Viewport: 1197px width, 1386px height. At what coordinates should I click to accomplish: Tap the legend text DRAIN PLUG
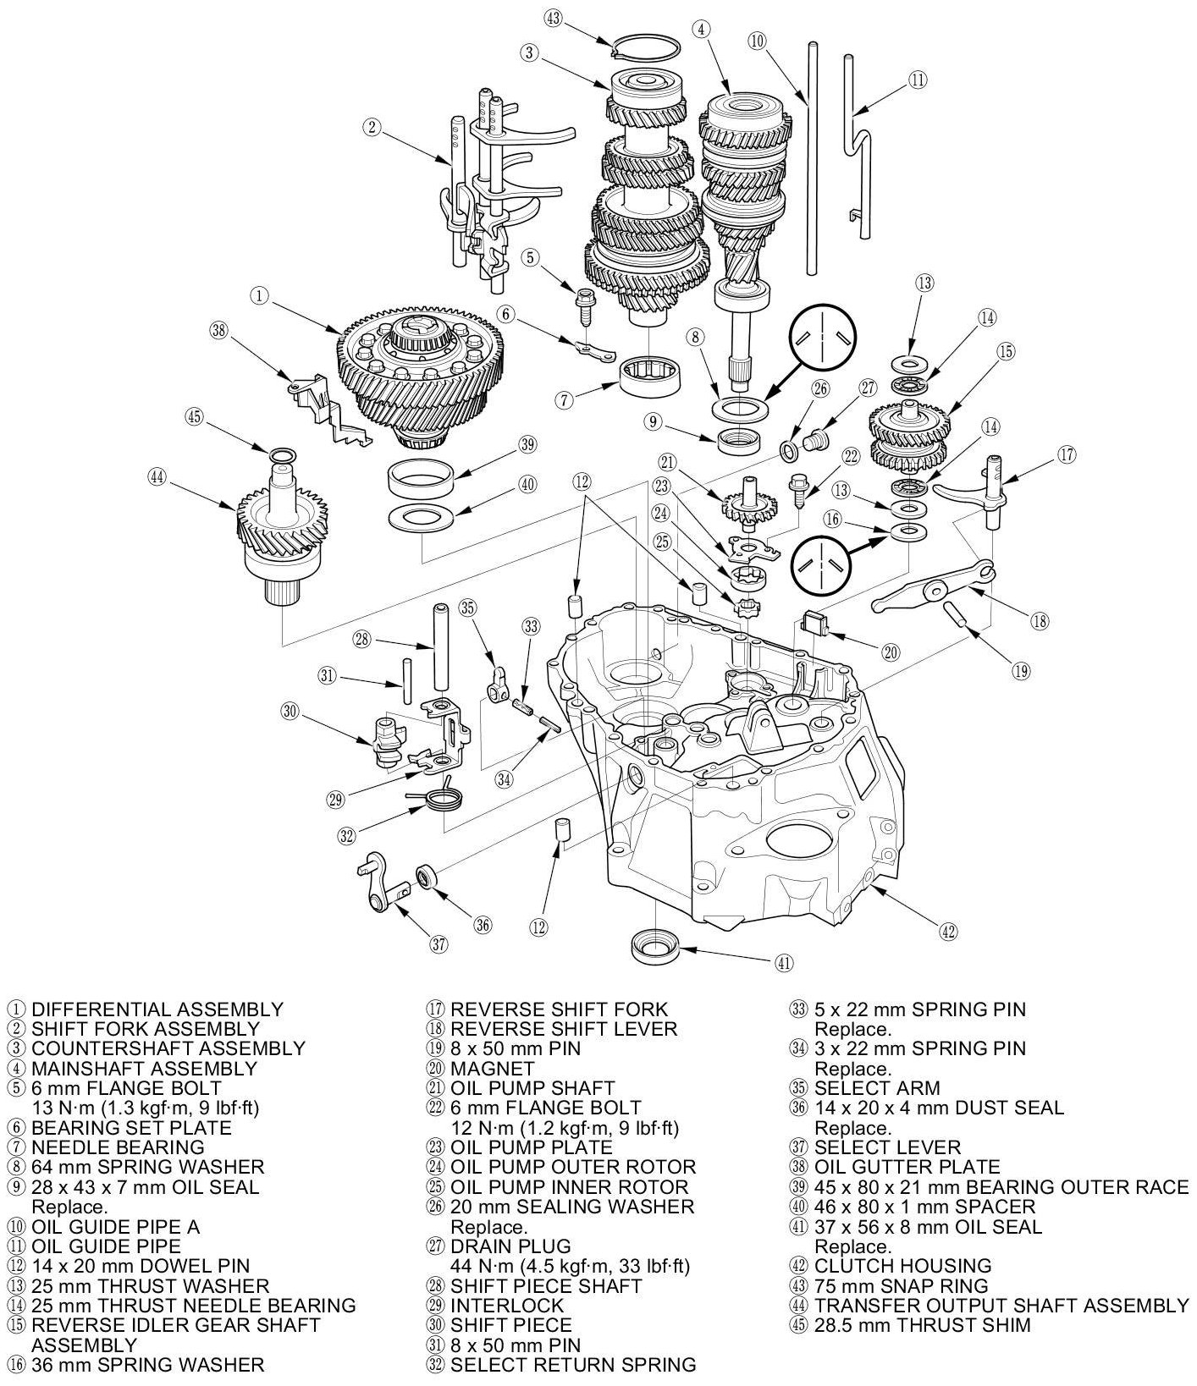click(510, 1246)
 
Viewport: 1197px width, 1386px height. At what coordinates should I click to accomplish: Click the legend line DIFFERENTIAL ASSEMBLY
click(157, 1009)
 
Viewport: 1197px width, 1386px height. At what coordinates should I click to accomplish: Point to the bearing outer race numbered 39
click(420, 480)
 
